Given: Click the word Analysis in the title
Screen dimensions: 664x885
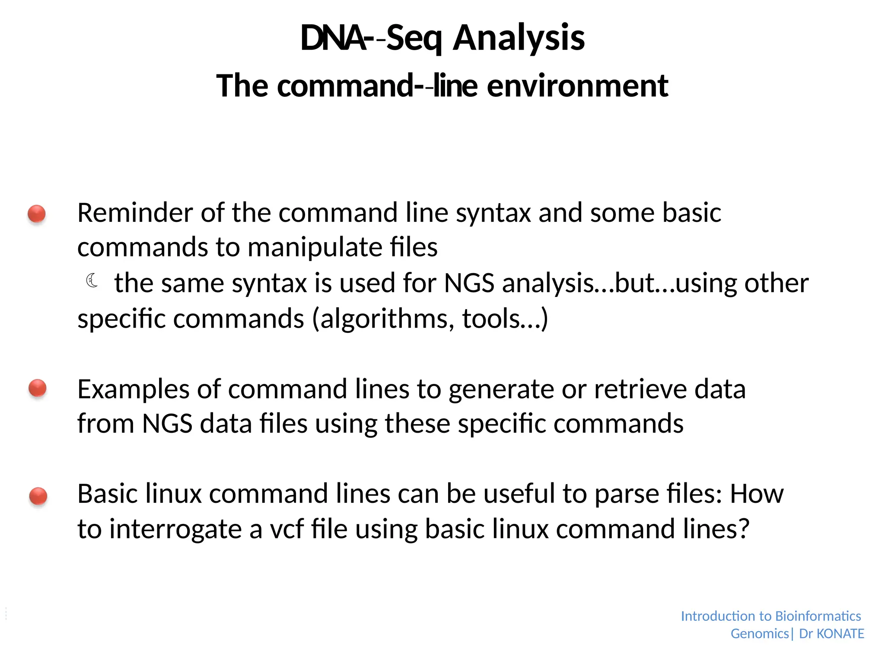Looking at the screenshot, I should pos(519,38).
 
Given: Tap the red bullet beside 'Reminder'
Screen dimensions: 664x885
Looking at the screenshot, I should pos(37,214).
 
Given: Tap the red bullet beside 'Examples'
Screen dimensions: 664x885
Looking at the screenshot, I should pos(38,388).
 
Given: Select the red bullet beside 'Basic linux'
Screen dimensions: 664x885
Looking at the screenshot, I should pos(38,496).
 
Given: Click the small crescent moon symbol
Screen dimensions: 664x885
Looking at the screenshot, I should pos(92,281).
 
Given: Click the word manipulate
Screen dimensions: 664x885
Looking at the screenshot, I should pos(315,247).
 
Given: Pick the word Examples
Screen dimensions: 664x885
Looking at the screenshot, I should pos(134,389).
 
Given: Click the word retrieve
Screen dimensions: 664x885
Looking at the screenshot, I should pos(640,389).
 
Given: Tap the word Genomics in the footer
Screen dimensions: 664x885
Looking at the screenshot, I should pos(760,633).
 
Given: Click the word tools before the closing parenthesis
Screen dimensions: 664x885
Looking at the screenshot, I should pos(490,319).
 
